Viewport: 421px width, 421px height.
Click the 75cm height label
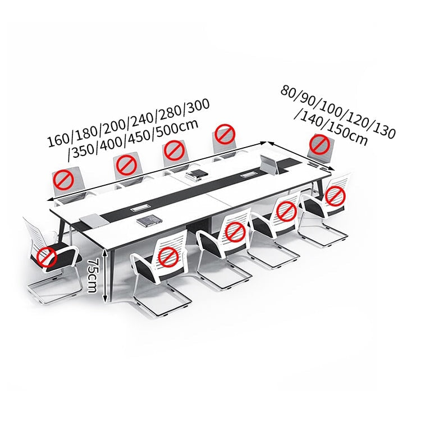click(x=92, y=276)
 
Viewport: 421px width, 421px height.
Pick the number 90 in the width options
click(x=307, y=99)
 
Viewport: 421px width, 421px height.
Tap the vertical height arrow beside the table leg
click(x=106, y=276)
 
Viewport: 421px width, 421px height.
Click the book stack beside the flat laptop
click(x=149, y=221)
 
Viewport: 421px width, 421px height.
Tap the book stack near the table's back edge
click(x=197, y=175)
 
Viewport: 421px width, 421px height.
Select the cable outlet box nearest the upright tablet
click(x=248, y=176)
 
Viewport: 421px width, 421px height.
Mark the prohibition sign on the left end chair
click(x=47, y=257)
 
